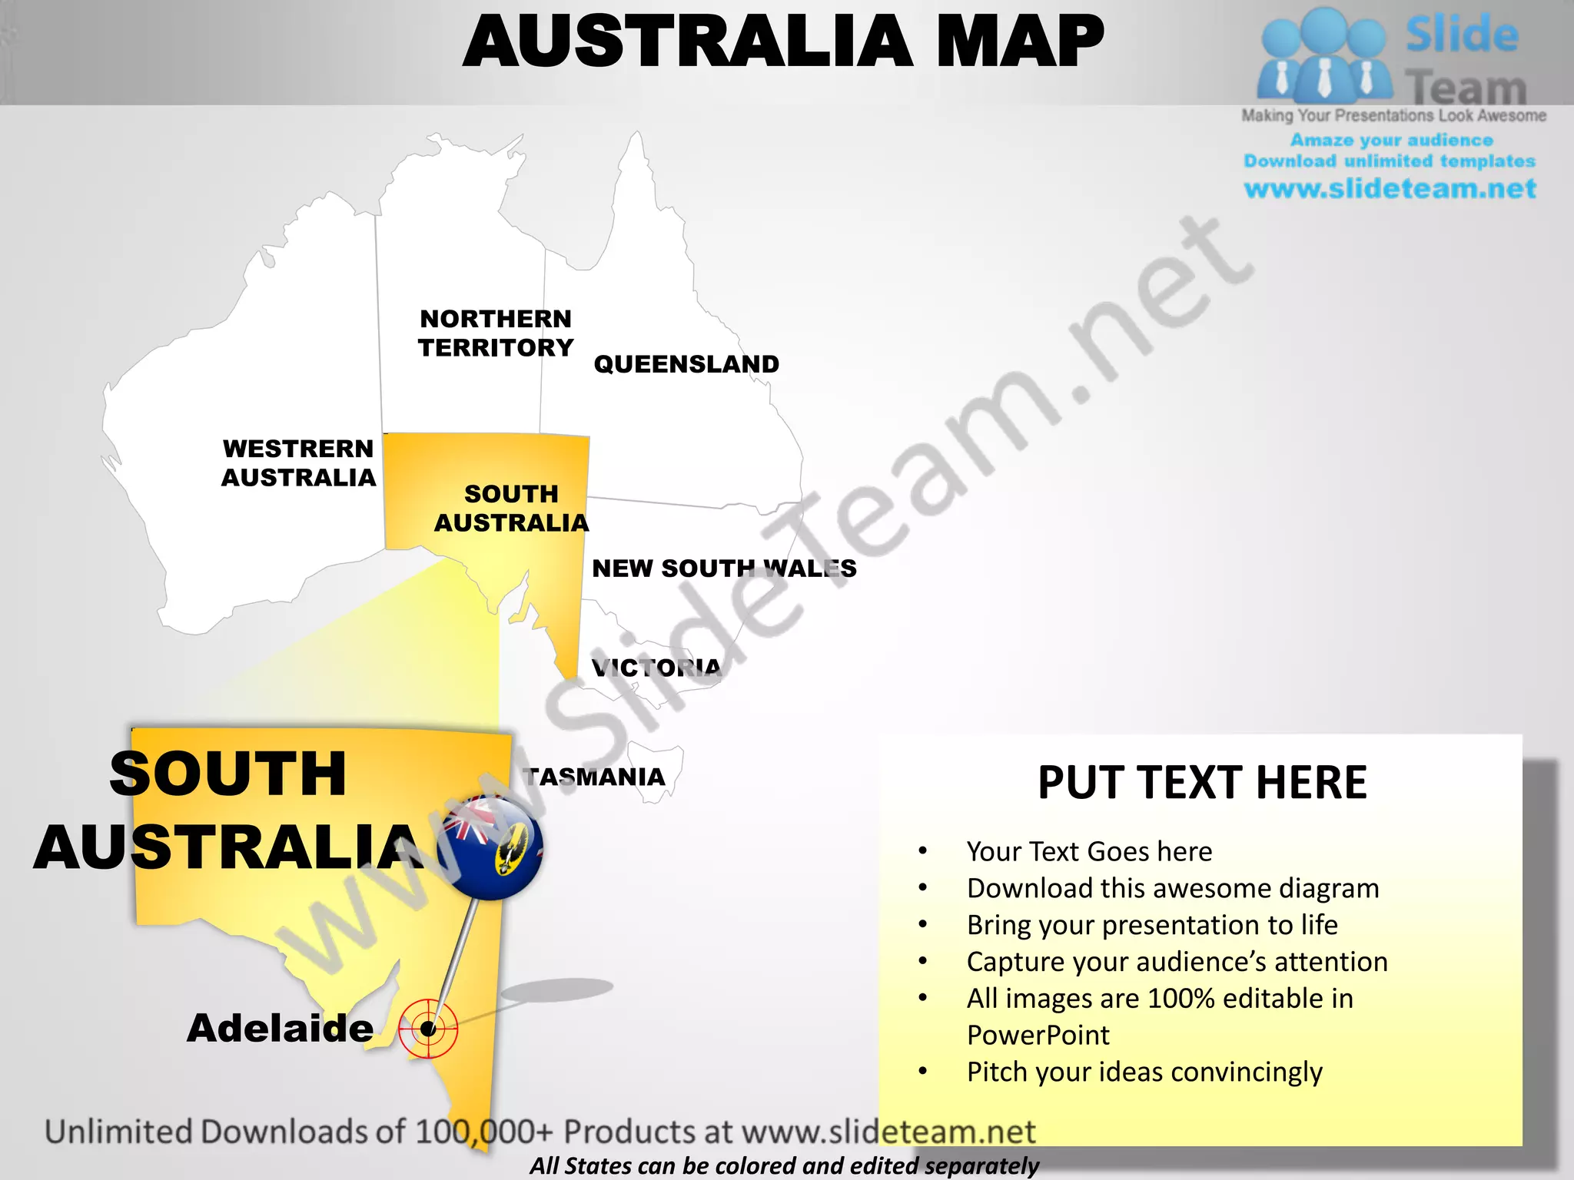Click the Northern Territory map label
(496, 333)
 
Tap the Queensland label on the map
(686, 363)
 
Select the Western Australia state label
(298, 462)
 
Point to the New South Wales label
(723, 568)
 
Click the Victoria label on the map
(656, 667)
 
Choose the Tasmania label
(594, 777)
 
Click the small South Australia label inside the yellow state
(511, 508)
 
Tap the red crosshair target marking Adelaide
(429, 1029)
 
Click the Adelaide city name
(281, 1028)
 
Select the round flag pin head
(492, 847)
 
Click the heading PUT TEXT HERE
(1202, 783)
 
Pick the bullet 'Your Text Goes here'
(1089, 851)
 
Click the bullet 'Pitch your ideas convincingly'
(1144, 1072)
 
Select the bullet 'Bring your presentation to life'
(1152, 925)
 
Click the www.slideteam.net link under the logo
(1390, 188)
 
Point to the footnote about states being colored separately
(784, 1165)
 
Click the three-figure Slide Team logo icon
(1323, 55)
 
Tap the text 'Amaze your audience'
(1391, 140)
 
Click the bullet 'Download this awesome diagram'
(1173, 888)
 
